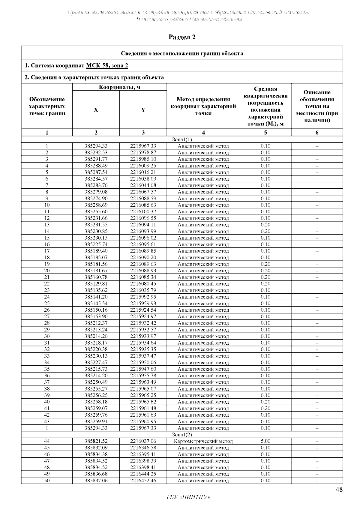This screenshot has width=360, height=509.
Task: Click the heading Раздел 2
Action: click(182, 37)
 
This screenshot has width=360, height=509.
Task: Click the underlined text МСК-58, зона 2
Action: click(107, 65)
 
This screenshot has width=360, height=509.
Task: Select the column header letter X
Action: click(96, 110)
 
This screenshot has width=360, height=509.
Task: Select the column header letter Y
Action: click(143, 110)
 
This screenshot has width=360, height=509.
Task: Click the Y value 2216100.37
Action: click(143, 211)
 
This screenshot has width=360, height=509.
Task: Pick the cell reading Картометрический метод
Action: click(203, 441)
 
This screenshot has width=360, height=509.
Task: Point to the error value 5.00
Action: click(265, 441)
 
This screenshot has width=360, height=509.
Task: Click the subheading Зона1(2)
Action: click(182, 435)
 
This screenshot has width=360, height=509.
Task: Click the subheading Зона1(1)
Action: click(182, 139)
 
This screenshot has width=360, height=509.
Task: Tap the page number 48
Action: click(339, 490)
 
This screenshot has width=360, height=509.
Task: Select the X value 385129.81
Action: click(96, 284)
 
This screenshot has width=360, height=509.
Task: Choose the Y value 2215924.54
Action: click(143, 310)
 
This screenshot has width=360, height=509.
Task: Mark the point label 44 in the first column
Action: click(47, 441)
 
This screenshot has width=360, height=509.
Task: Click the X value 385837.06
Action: click(96, 481)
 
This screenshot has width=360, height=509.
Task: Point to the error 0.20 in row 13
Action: click(265, 225)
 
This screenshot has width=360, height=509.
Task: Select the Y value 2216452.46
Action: click(143, 481)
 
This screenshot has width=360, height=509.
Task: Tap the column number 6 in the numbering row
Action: click(317, 133)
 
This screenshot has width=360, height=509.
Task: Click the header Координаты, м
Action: click(119, 87)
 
